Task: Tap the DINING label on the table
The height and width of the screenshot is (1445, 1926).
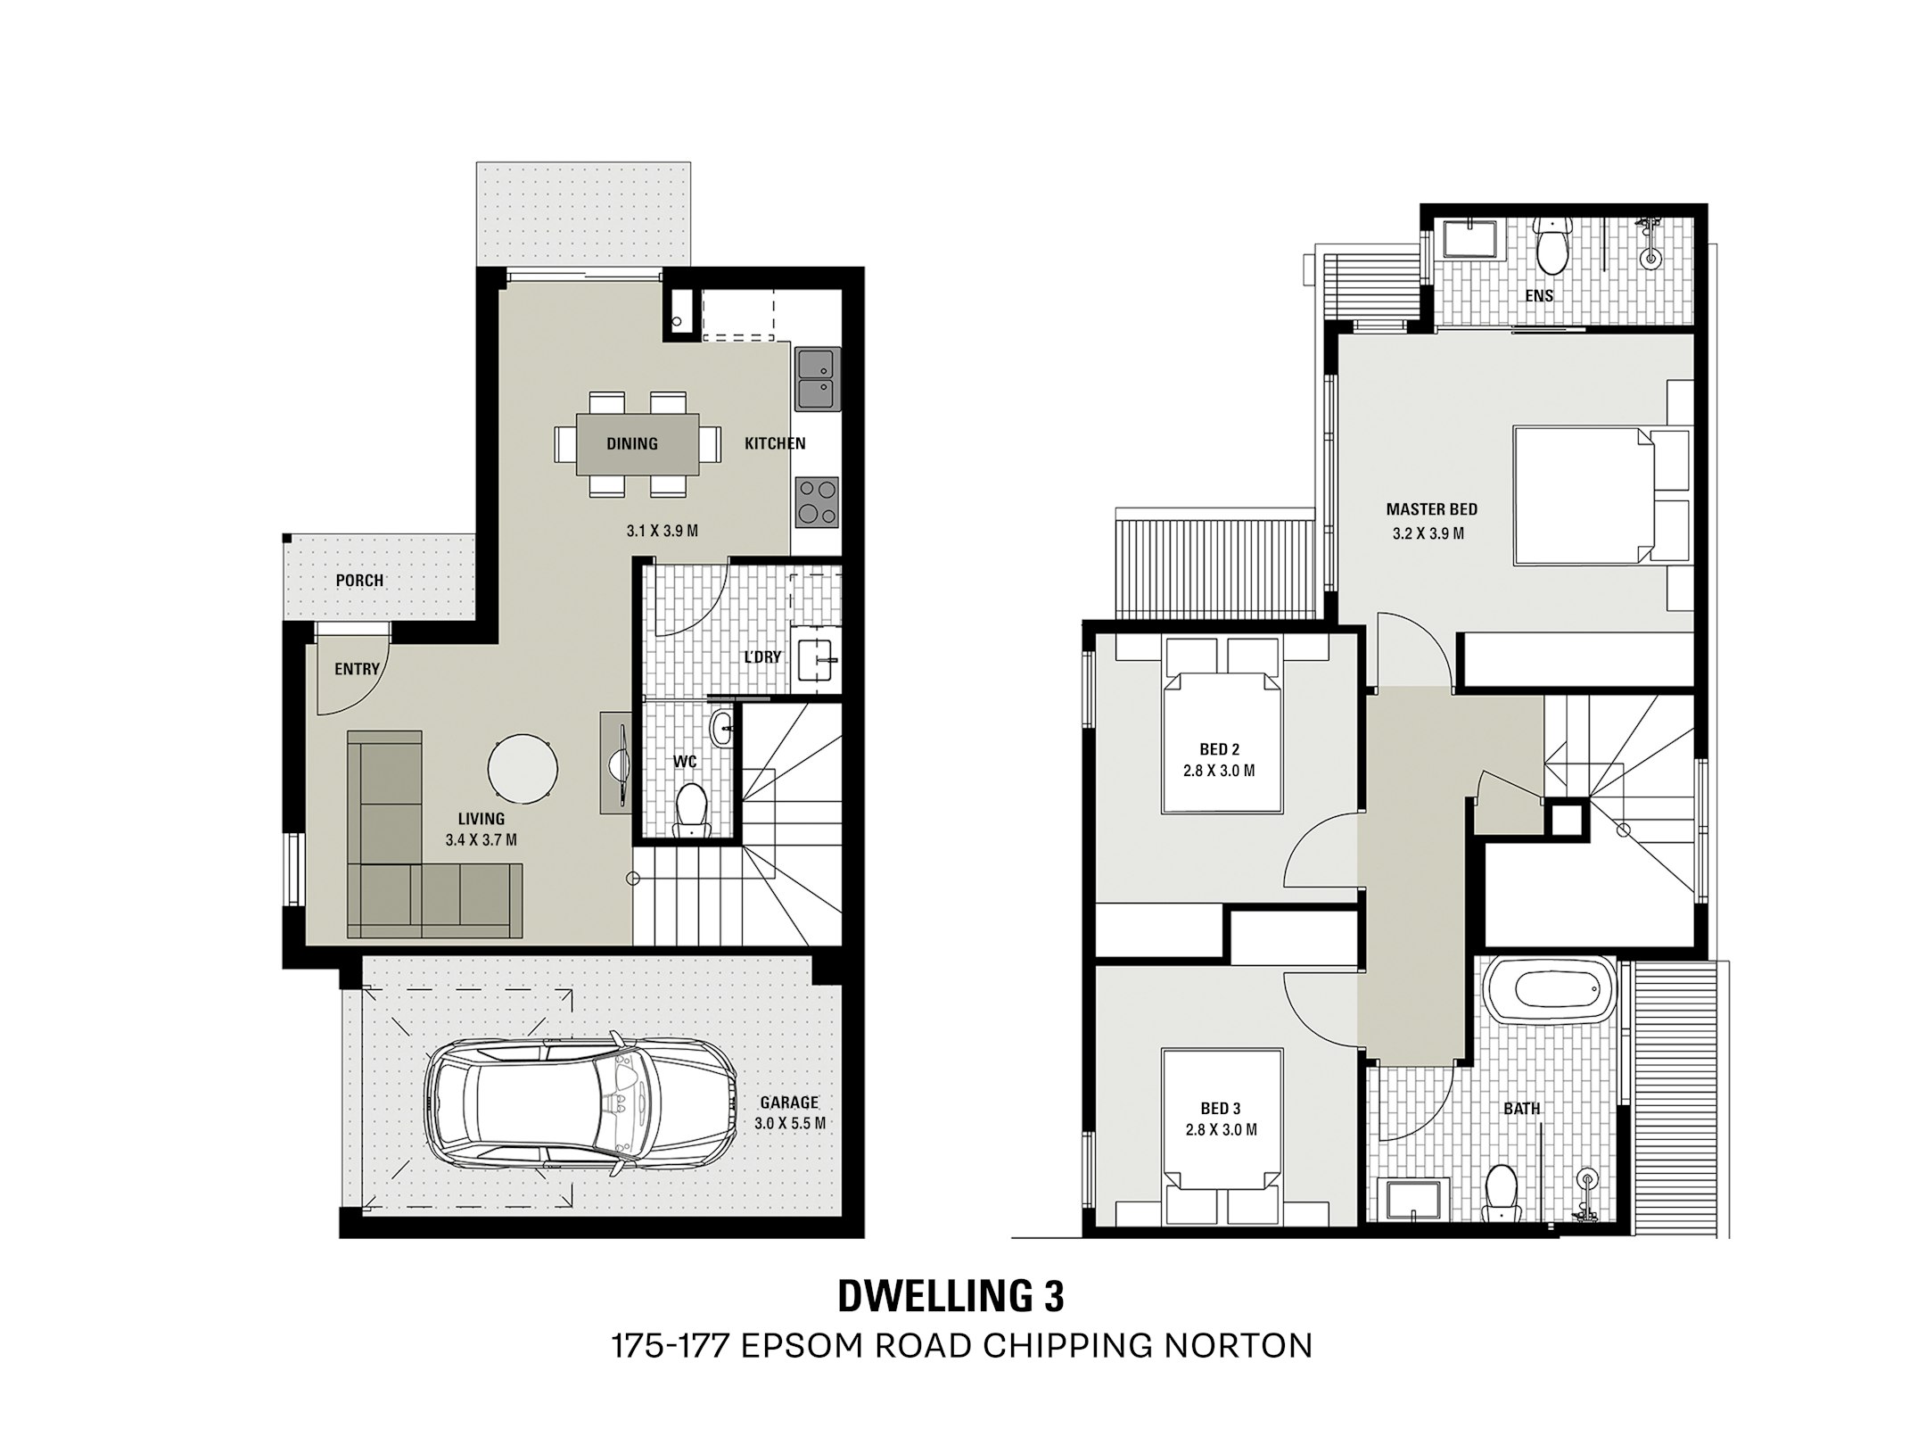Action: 632,443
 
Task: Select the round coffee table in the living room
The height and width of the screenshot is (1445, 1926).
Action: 523,768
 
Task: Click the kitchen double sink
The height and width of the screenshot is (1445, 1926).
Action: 816,379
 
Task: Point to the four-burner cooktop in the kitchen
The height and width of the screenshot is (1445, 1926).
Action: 817,501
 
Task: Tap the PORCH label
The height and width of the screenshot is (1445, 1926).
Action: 359,581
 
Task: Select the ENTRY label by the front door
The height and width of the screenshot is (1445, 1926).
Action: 357,669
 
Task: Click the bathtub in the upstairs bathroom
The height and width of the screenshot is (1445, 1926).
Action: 1551,989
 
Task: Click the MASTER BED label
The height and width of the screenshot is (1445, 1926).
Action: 1431,509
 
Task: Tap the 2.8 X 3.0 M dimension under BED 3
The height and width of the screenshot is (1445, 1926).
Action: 1221,1130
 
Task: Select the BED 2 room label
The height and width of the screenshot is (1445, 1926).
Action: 1219,750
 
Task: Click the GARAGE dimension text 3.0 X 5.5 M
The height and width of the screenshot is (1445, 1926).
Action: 790,1124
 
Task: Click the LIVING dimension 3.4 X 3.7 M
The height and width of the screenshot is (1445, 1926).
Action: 481,839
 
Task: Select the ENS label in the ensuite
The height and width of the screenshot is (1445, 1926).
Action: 1539,296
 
